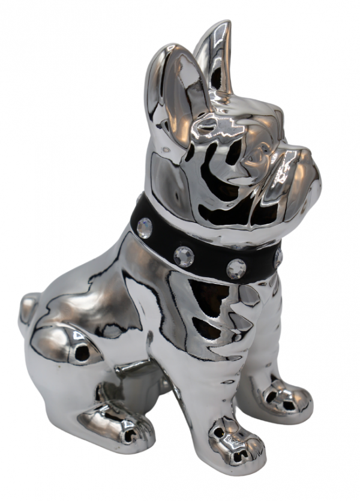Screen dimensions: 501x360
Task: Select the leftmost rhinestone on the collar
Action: coord(145,227)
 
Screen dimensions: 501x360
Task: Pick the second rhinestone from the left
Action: coord(184,256)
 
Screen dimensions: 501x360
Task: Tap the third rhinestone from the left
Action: coord(236,268)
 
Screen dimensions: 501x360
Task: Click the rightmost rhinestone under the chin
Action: coord(278,257)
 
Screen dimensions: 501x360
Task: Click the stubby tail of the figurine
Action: coord(27,310)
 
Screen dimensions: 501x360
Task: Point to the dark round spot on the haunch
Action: coord(80,354)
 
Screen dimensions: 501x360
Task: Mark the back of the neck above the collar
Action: coord(162,174)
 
